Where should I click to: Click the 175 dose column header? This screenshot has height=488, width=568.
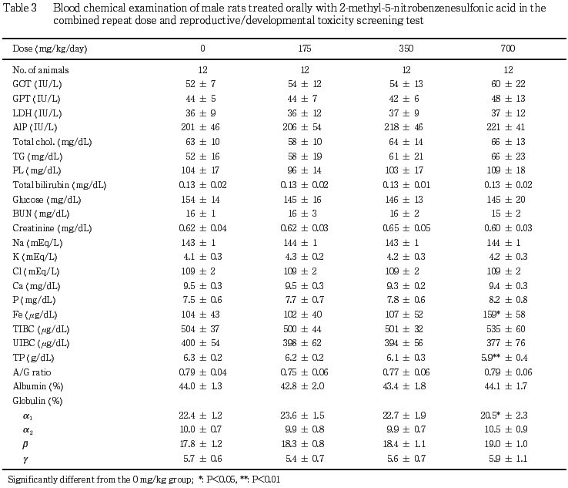pyautogui.click(x=305, y=49)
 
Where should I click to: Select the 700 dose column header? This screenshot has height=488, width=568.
pyautogui.click(x=508, y=49)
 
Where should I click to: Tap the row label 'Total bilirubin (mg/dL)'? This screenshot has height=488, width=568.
pyautogui.click(x=59, y=185)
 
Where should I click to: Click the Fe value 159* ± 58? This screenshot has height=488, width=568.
pyautogui.click(x=504, y=315)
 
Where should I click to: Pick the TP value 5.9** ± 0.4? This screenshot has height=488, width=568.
pyautogui.click(x=504, y=358)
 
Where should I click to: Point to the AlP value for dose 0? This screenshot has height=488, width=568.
pyautogui.click(x=200, y=127)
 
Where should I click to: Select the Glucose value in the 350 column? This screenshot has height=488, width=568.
pyautogui.click(x=404, y=200)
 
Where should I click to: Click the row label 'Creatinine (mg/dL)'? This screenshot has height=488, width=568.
pyautogui.click(x=52, y=228)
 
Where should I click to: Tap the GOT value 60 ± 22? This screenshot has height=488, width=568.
pyautogui.click(x=508, y=84)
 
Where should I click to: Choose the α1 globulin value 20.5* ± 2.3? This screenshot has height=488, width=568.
pyautogui.click(x=504, y=415)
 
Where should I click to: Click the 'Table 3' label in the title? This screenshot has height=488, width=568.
pyautogui.click(x=20, y=8)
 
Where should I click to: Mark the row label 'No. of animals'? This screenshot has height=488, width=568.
pyautogui.click(x=41, y=70)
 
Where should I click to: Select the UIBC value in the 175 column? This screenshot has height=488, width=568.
pyautogui.click(x=302, y=343)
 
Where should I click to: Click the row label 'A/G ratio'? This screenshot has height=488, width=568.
pyautogui.click(x=32, y=372)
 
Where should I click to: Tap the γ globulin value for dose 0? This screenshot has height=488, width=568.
pyautogui.click(x=202, y=459)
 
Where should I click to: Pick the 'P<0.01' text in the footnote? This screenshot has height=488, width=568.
pyautogui.click(x=266, y=480)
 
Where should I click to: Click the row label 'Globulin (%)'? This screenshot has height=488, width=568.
pyautogui.click(x=38, y=401)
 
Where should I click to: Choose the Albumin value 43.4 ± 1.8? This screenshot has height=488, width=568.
pyautogui.click(x=404, y=386)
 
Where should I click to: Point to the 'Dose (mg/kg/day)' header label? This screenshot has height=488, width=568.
pyautogui.click(x=50, y=49)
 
